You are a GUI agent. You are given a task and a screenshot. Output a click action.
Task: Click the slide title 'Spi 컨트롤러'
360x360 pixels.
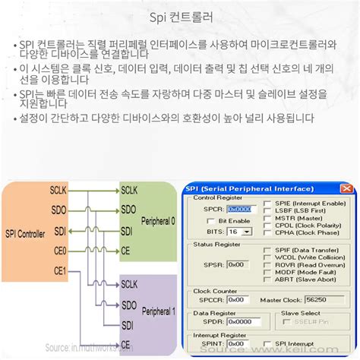(x=179, y=16)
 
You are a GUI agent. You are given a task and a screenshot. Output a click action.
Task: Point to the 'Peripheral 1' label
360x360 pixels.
(x=157, y=311)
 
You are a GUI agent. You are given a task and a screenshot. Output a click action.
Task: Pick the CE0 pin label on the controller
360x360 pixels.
(x=60, y=250)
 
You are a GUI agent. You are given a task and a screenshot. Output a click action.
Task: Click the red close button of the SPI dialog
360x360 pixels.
(x=346, y=188)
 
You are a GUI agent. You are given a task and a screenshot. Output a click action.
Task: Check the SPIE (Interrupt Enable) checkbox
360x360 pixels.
(x=267, y=204)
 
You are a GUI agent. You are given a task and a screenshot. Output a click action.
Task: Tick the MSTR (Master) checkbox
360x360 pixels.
(x=267, y=218)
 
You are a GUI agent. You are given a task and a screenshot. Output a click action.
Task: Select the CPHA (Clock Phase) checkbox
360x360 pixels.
(x=267, y=232)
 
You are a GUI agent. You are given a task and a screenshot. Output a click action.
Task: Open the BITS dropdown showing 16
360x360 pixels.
(x=239, y=231)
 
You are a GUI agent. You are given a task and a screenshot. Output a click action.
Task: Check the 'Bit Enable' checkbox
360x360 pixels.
(x=210, y=220)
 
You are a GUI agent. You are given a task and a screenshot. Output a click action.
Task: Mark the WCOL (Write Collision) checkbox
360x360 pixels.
(x=267, y=257)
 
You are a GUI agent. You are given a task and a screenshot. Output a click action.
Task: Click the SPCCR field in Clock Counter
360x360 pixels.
(x=238, y=299)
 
